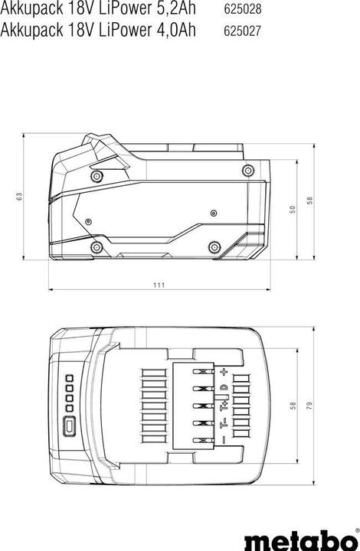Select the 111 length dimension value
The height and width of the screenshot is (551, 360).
(159, 285)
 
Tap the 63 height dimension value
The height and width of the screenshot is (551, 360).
(19, 197)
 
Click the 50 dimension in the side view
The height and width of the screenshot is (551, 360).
(292, 210)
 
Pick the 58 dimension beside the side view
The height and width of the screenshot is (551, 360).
(310, 200)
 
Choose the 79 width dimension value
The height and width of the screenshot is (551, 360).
(310, 406)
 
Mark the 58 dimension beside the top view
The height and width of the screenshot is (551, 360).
(292, 406)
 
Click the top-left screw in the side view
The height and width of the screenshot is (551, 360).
(97, 177)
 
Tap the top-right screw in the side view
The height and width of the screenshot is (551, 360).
(247, 170)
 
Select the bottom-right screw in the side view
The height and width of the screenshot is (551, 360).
(214, 246)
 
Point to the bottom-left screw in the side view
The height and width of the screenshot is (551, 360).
(97, 247)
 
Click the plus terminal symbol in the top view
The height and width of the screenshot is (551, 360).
(224, 372)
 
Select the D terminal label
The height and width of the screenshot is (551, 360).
(224, 388)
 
